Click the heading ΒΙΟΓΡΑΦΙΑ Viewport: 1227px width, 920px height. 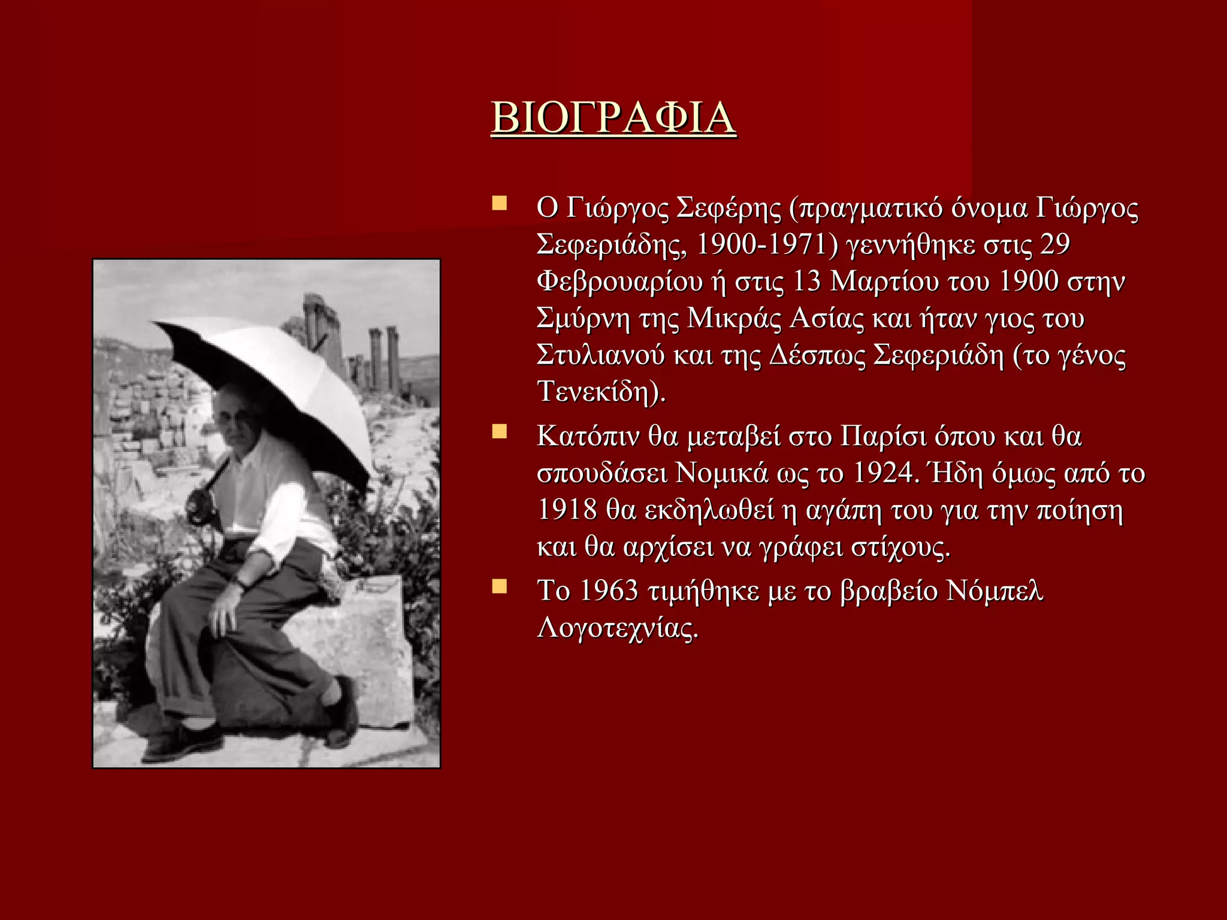click(x=613, y=118)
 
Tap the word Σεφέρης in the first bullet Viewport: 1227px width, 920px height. click(x=729, y=208)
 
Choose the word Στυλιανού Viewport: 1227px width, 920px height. click(x=600, y=355)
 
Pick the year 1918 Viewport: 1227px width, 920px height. click(x=567, y=510)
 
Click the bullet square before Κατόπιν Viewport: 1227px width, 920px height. click(x=499, y=432)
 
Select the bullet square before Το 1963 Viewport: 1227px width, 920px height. click(x=499, y=586)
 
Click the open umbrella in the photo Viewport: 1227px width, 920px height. click(x=270, y=377)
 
